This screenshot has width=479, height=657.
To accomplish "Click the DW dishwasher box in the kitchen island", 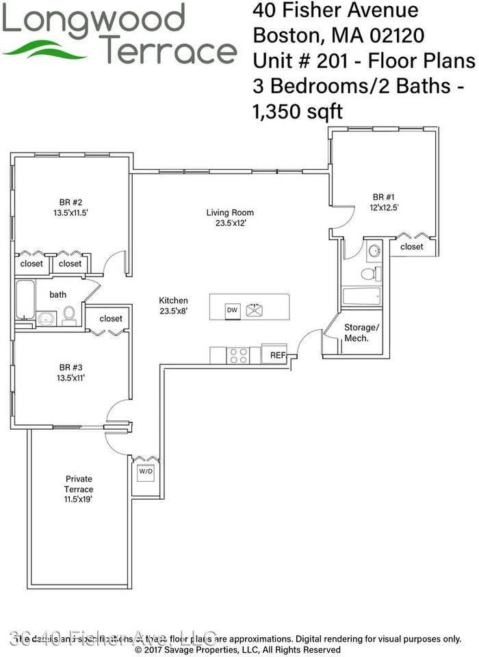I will pyautogui.click(x=233, y=310).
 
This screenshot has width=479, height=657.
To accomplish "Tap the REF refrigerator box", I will pyautogui.click(x=277, y=355).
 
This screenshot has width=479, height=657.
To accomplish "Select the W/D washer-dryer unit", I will pyautogui.click(x=146, y=472).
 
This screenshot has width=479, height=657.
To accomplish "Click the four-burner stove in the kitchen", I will pyautogui.click(x=239, y=355).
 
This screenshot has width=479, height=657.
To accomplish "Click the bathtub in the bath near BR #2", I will pyautogui.click(x=25, y=300).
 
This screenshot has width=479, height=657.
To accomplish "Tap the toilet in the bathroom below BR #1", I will pyautogui.click(x=367, y=274).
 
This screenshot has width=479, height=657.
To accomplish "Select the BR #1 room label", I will pyautogui.click(x=388, y=196).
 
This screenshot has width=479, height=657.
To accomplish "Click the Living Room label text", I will pyautogui.click(x=230, y=212).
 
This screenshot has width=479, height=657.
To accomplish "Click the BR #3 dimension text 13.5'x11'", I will pyautogui.click(x=71, y=376).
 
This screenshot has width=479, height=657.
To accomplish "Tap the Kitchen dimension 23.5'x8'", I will pyautogui.click(x=173, y=311).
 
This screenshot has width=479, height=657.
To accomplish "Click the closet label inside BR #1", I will pyautogui.click(x=412, y=246).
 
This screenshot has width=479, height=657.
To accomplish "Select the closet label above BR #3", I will pyautogui.click(x=111, y=318).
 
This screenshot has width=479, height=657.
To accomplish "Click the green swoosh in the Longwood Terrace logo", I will pyautogui.click(x=49, y=49).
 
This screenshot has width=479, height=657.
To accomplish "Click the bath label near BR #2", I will pyautogui.click(x=58, y=294).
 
